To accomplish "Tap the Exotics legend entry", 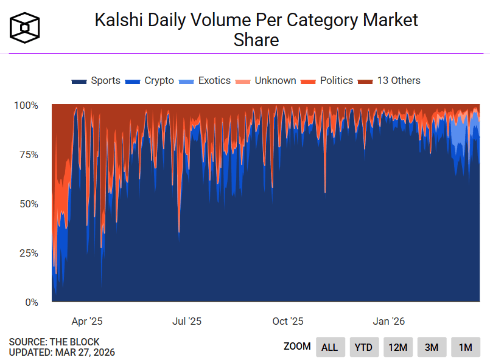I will pos(206,81).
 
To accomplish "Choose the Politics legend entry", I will pos(329,81).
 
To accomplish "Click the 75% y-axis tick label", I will pos(27,154).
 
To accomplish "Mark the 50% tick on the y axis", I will pos(27,204).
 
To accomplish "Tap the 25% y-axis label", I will pos(27,253).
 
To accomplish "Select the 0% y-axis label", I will pos(30,302).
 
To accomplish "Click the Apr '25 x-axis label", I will pos(87,321).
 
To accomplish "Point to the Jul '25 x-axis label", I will pos(187,321).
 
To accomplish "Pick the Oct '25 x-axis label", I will pos(288,321).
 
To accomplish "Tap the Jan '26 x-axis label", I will pos(388,321).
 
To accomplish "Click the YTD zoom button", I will pos(363,347).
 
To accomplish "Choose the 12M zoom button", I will pos(397,347).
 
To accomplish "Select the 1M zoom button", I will pos(466,347).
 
